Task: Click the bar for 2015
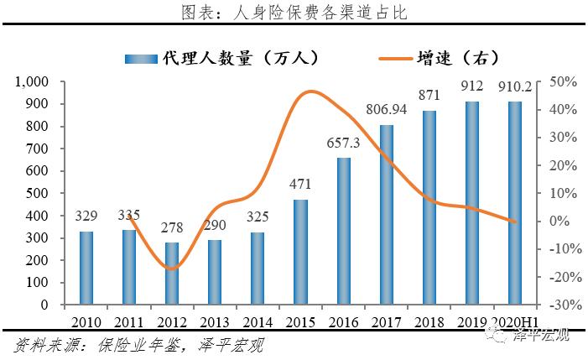click(300, 251)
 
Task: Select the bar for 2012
click(172, 273)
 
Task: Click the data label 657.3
click(343, 143)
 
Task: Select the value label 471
click(300, 184)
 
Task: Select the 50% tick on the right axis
click(559, 82)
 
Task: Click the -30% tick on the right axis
click(557, 304)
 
